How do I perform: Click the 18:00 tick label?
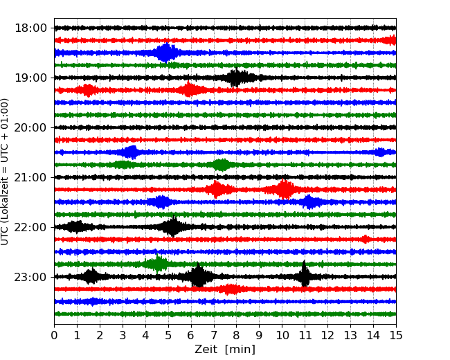[x=30, y=28]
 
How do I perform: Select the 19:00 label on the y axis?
[x=30, y=78]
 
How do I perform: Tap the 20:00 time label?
[x=30, y=127]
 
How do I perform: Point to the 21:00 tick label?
[x=30, y=177]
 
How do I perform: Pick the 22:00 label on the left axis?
[x=30, y=227]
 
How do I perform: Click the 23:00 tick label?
[x=30, y=277]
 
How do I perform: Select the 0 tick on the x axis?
[x=54, y=336]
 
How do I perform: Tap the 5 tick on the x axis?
[x=168, y=336]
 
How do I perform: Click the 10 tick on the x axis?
[x=282, y=336]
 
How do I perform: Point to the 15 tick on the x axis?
[x=395, y=336]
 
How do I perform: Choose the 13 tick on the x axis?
[x=350, y=336]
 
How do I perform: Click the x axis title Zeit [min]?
[x=225, y=350]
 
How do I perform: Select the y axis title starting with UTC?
[x=6, y=171]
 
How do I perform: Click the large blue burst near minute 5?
[x=166, y=53]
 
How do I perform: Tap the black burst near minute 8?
[x=237, y=78]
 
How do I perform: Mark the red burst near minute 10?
[x=284, y=189]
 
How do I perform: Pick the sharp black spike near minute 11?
[x=304, y=276]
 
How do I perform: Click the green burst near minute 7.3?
[x=221, y=165]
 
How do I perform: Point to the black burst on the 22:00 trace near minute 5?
[x=172, y=226]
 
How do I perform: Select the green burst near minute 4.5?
[x=159, y=264]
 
